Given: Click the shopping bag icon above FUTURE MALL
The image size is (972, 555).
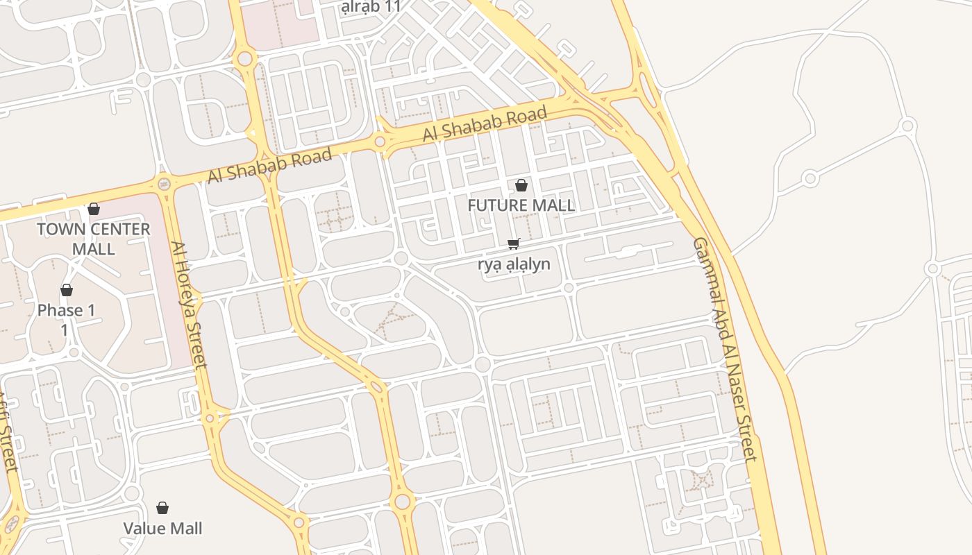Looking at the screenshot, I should pos(521,185).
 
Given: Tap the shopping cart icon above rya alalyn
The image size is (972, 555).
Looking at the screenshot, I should pos(514,243).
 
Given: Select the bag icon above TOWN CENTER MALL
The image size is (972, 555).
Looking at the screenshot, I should pos(94,209).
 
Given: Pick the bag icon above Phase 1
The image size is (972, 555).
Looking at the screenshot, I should pos(67,290).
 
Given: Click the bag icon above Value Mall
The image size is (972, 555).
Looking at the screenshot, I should pos(162,509).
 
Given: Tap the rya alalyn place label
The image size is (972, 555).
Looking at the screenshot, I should pos(514,264).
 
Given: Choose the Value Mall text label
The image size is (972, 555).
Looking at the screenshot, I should pos(163,529).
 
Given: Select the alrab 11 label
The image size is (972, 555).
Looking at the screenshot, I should pos(371,7).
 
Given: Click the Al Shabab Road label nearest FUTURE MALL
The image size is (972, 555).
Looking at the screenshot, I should pos(485,123).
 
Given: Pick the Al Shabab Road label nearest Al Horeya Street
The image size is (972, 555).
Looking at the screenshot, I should pos(269,166).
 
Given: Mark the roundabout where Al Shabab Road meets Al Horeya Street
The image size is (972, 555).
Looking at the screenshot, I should pos(164,184).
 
